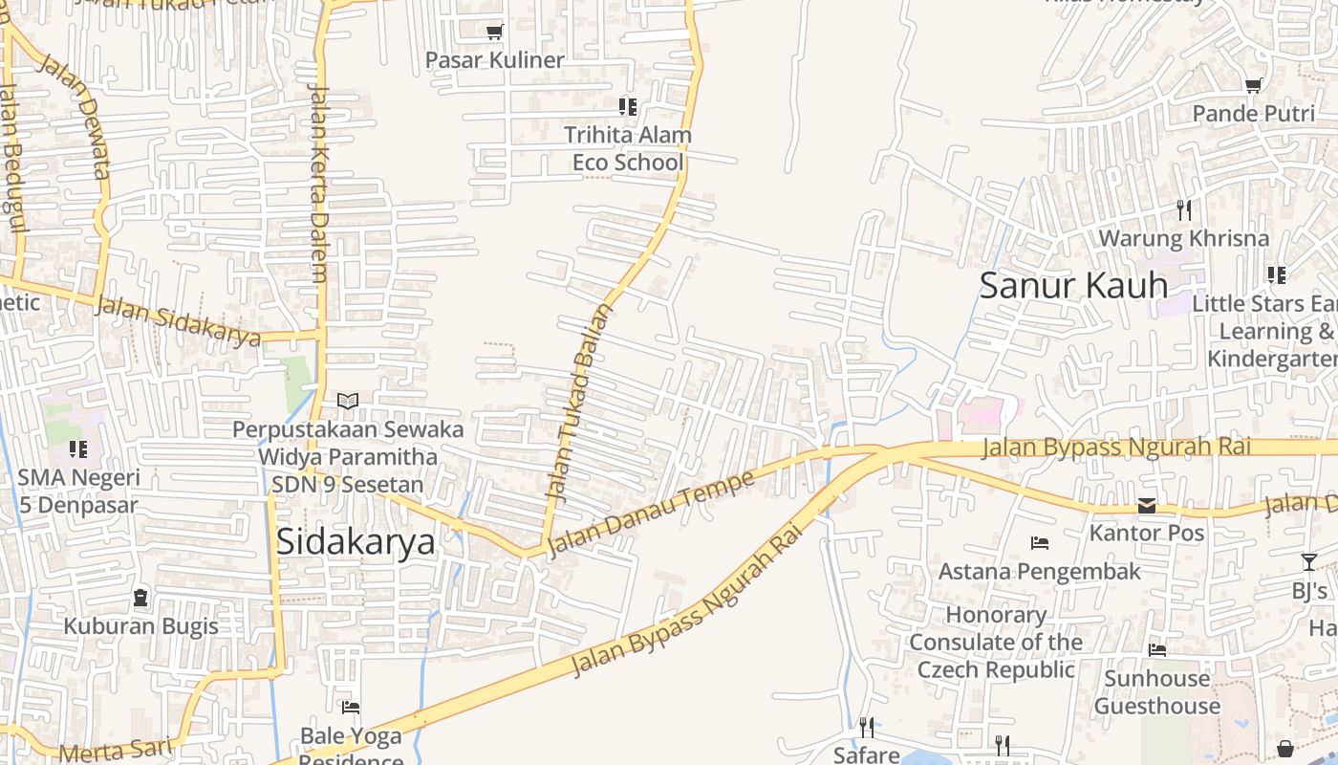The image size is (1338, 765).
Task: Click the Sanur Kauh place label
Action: [1073, 285]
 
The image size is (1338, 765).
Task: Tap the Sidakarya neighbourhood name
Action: [356, 541]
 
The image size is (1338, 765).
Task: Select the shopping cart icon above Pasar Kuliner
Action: [494, 33]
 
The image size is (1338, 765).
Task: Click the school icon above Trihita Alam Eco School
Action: [627, 106]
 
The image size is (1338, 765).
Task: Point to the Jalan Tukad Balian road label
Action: [577, 402]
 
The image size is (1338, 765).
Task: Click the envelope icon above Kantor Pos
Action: [1147, 506]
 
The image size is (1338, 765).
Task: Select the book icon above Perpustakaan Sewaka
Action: [348, 402]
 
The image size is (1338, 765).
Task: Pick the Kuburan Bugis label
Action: [140, 626]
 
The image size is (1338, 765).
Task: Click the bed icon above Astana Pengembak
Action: [1040, 543]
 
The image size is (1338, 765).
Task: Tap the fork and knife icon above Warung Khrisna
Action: [1184, 209]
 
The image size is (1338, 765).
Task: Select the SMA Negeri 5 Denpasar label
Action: [78, 491]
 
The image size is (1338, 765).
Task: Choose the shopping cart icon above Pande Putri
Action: [1253, 85]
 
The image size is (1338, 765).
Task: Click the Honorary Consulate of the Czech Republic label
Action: [996, 642]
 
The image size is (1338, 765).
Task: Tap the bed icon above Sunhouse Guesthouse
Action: [1157, 650]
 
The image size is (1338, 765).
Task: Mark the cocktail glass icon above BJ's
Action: [1308, 562]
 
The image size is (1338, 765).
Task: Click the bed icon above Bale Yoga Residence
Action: [351, 708]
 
